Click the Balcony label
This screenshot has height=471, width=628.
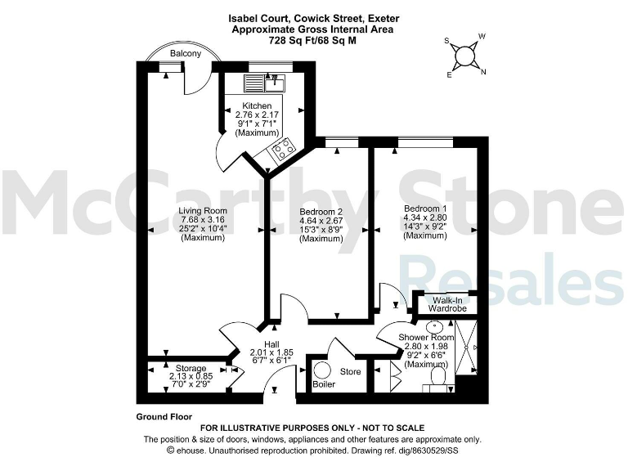click(186, 54)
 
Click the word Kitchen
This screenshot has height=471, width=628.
click(256, 106)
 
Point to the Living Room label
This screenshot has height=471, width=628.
click(203, 210)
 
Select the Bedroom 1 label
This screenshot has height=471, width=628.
click(425, 209)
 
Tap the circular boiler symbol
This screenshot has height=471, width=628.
click(323, 371)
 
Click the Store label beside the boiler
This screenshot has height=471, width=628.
click(350, 372)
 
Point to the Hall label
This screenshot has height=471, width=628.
click(272, 344)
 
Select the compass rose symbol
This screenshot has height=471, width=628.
click(466, 56)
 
